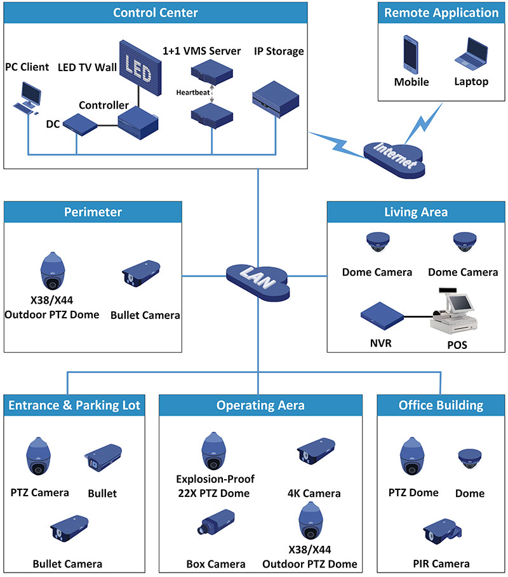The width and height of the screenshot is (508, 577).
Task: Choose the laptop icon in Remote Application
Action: [x=471, y=54]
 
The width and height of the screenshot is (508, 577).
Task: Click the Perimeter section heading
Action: [x=93, y=212]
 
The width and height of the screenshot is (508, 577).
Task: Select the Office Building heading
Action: [x=441, y=405]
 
